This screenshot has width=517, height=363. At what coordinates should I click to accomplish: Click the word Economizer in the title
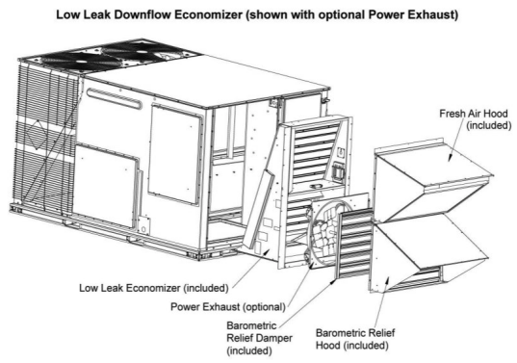point(208,14)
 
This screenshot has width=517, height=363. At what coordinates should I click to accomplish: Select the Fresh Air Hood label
point(476,119)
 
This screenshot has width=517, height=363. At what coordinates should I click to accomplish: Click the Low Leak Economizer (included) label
point(154,288)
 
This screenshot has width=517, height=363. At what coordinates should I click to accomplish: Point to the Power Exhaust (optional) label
point(228,306)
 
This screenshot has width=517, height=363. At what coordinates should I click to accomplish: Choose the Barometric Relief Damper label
point(260,338)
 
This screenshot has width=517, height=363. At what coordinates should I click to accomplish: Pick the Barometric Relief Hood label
point(355,339)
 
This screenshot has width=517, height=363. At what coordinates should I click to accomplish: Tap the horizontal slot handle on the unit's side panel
point(115,98)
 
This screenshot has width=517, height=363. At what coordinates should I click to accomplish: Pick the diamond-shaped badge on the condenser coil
point(37,139)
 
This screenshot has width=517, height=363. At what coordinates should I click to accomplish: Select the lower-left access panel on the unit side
point(106,185)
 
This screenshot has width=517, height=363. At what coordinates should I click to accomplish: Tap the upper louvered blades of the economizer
point(313,152)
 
